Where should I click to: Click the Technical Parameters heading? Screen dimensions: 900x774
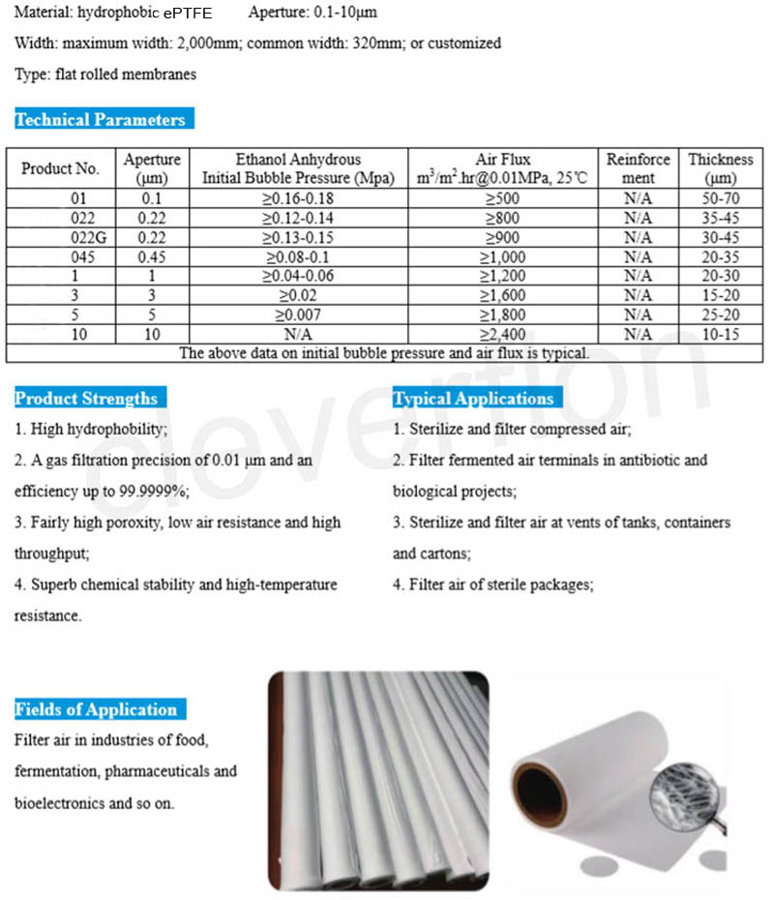pos(100,120)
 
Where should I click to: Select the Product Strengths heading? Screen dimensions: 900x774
pos(86,399)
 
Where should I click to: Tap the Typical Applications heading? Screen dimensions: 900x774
pos(473,399)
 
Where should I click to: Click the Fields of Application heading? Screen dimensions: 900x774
pos(96,709)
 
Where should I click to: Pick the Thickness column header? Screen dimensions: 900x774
pos(721,168)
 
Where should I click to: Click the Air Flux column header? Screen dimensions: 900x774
pos(503,168)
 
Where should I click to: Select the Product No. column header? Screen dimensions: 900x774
pos(60,168)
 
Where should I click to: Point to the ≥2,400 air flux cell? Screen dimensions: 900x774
pos(503,334)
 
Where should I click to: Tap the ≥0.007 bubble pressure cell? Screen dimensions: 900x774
pos(304,315)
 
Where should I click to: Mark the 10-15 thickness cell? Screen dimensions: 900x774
pos(721,334)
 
